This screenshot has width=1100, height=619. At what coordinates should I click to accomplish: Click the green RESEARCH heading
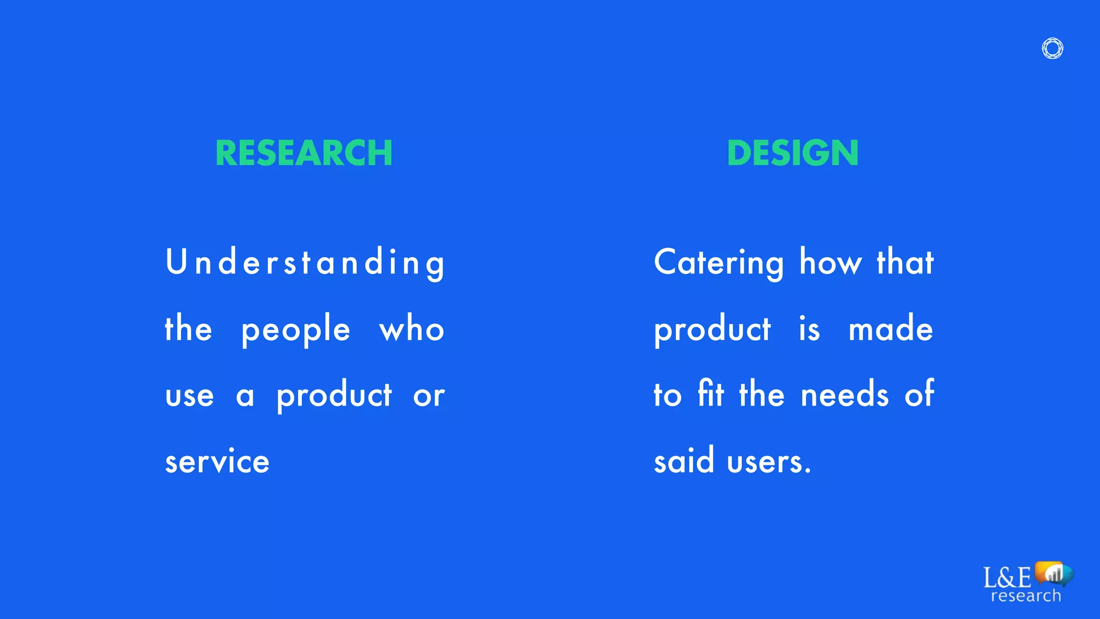click(x=304, y=153)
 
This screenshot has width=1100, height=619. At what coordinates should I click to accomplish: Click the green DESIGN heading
click(x=793, y=153)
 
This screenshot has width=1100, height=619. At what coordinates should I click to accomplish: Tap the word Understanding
click(x=305, y=263)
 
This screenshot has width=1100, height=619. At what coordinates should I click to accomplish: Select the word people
click(x=296, y=330)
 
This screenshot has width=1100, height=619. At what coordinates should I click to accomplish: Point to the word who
click(x=412, y=329)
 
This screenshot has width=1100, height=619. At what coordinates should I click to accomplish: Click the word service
click(x=217, y=462)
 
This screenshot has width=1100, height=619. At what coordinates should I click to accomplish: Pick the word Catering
click(x=719, y=263)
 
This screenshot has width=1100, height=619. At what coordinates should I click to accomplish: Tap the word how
click(x=830, y=262)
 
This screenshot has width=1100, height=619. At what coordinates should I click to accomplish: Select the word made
click(x=891, y=329)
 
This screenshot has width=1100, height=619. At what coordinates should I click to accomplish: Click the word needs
click(x=845, y=395)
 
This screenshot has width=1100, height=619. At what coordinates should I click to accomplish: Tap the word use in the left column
click(x=190, y=396)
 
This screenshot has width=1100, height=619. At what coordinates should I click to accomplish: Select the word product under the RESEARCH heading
click(x=334, y=396)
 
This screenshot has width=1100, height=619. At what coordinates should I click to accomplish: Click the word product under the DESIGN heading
click(x=712, y=330)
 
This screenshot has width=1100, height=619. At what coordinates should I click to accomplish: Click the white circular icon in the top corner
click(x=1052, y=48)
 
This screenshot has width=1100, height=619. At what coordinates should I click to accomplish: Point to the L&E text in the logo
click(x=1007, y=578)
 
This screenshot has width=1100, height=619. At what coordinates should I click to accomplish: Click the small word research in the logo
click(x=1026, y=596)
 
